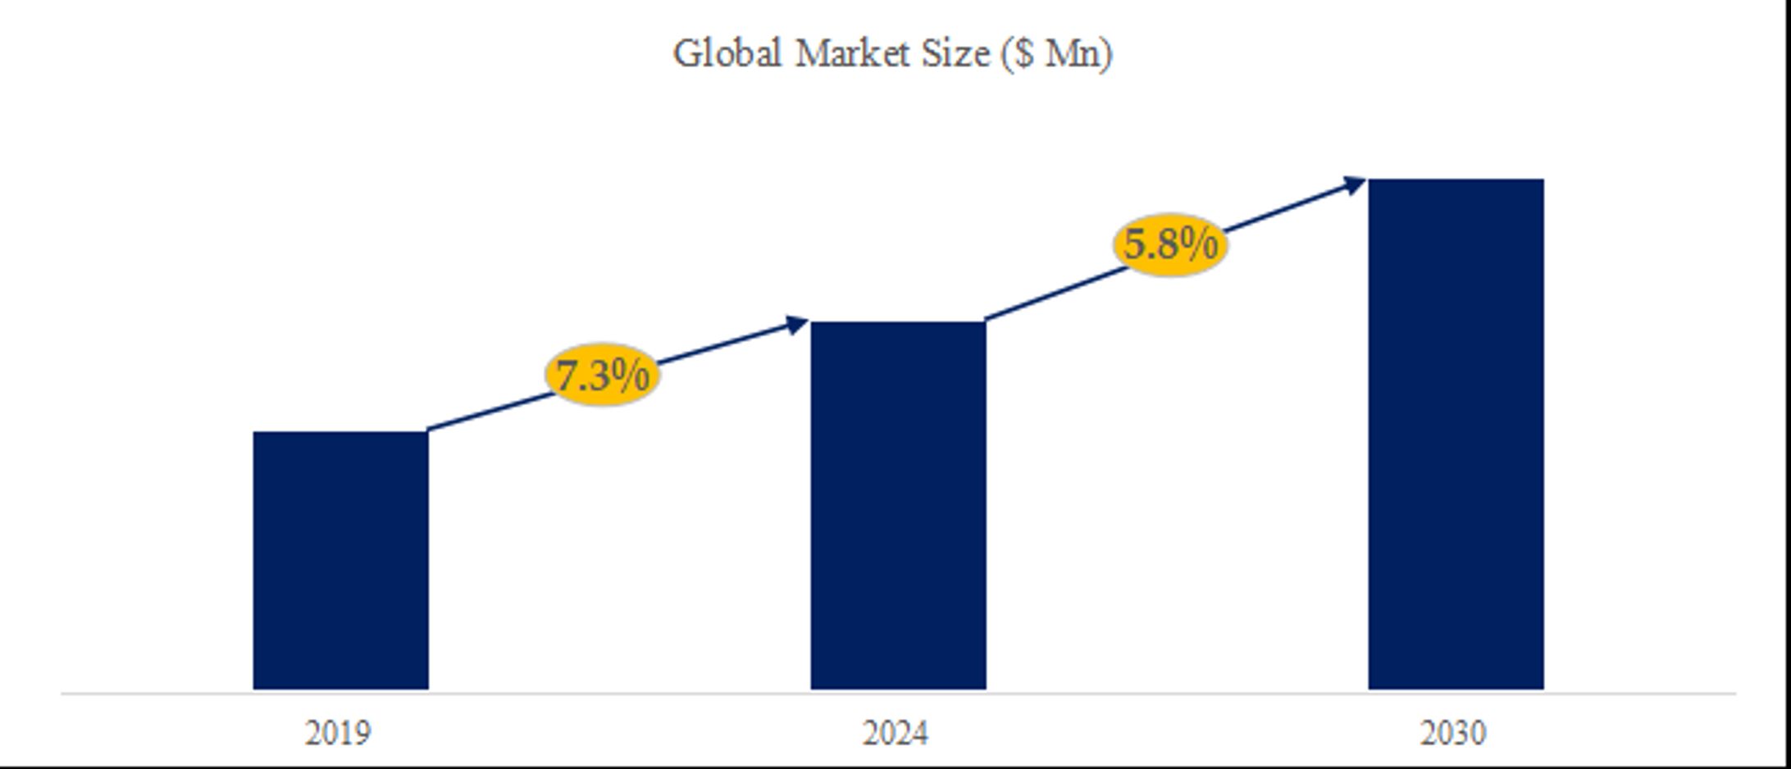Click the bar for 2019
coord(340,560)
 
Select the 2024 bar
coord(898,505)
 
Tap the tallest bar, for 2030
coord(1456,434)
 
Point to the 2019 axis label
coord(338,733)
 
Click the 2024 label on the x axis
coord(895,733)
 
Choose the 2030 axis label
coord(1453,733)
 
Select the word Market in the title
coord(853,54)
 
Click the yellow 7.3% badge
coord(603,375)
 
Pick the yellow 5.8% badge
coord(1170,244)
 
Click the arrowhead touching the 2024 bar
coord(796,325)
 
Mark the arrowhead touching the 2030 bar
coord(1354,184)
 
